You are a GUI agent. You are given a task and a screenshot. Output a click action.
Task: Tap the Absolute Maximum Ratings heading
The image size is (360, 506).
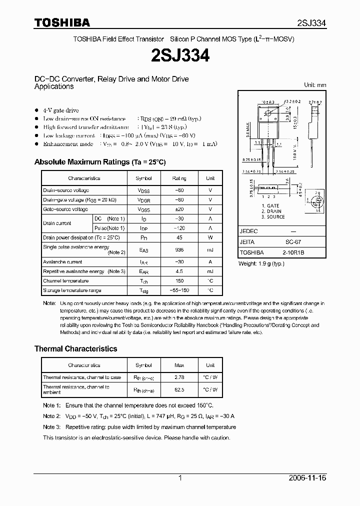tap(99, 162)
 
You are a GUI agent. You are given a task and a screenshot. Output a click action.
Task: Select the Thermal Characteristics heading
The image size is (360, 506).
tap(75, 348)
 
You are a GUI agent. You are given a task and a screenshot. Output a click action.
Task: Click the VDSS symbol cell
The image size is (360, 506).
tap(143, 190)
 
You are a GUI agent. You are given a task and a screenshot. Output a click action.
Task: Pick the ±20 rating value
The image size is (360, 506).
tap(179, 209)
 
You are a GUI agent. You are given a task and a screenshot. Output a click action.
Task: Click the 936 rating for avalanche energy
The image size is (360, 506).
tap(179, 249)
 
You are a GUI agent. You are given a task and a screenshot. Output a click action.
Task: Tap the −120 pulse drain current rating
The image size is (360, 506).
tap(179, 228)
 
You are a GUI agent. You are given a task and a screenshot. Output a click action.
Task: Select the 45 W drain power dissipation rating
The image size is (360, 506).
tap(179, 237)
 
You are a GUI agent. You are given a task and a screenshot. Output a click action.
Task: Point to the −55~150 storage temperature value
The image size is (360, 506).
tap(179, 290)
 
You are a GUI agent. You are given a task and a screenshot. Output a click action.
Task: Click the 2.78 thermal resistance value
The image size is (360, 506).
tap(179, 377)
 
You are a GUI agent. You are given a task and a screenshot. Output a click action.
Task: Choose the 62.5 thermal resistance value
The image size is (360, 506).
tap(179, 389)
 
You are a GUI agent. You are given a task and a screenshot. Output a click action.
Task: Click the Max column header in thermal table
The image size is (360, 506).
tap(179, 365)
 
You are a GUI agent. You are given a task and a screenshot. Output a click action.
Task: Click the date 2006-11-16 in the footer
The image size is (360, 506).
tap(307, 478)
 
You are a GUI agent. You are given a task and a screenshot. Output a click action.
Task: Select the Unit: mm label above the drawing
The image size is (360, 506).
tap(315, 85)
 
